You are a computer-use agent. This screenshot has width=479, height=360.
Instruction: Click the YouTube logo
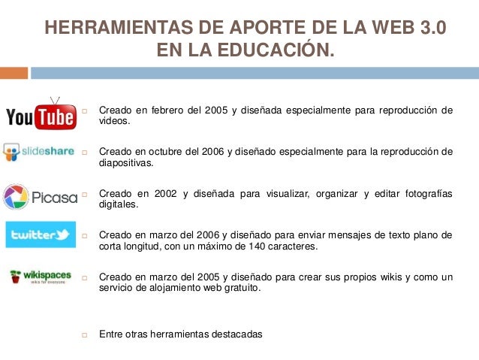[x=41, y=114]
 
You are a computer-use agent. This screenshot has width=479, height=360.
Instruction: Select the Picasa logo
[x=41, y=197]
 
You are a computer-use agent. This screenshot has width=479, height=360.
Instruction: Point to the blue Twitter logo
[x=41, y=234]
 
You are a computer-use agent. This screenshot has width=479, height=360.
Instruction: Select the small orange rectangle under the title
[x=14, y=73]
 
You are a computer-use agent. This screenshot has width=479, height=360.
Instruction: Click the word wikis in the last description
[x=372, y=277]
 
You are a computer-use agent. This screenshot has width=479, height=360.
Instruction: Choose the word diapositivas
[x=125, y=162]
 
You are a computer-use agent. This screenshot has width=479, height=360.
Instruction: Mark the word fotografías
[x=426, y=193]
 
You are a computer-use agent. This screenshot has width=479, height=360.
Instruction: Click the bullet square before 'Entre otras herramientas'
[x=86, y=334]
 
